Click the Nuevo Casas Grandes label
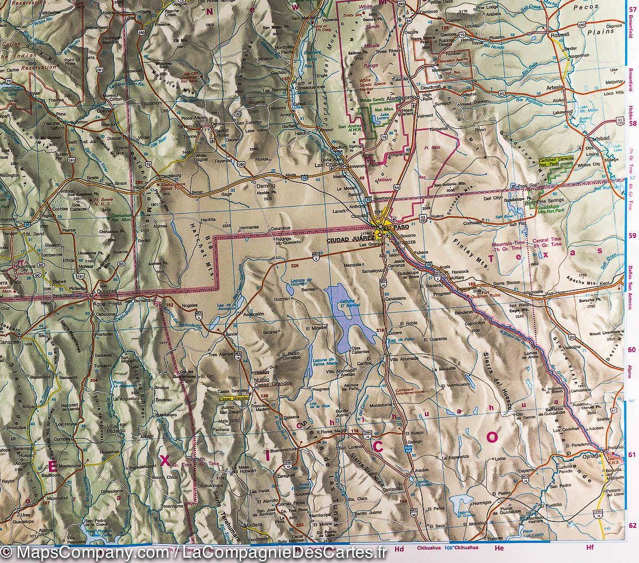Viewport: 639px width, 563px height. point(272,383)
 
